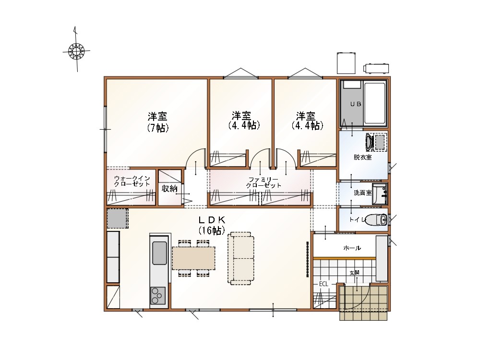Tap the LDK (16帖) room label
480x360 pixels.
[212, 225]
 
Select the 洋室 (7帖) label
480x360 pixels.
[157, 122]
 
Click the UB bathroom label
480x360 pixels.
[355, 104]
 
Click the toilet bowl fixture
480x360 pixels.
[376, 219]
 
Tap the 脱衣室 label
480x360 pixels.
[363, 157]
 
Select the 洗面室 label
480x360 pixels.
[362, 193]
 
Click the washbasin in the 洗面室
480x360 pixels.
[380, 194]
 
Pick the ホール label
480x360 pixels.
[352, 248]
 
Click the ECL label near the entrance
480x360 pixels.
[324, 284]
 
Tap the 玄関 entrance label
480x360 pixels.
[354, 273]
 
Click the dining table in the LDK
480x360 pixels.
[193, 258]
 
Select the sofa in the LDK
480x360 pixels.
[241, 258]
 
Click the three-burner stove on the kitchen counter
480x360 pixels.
[157, 295]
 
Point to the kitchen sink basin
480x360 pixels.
[159, 253]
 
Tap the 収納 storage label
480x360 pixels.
[169, 189]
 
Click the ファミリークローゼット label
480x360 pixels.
[264, 182]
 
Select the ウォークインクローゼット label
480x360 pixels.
[132, 181]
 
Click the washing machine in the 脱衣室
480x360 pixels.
[376, 142]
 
